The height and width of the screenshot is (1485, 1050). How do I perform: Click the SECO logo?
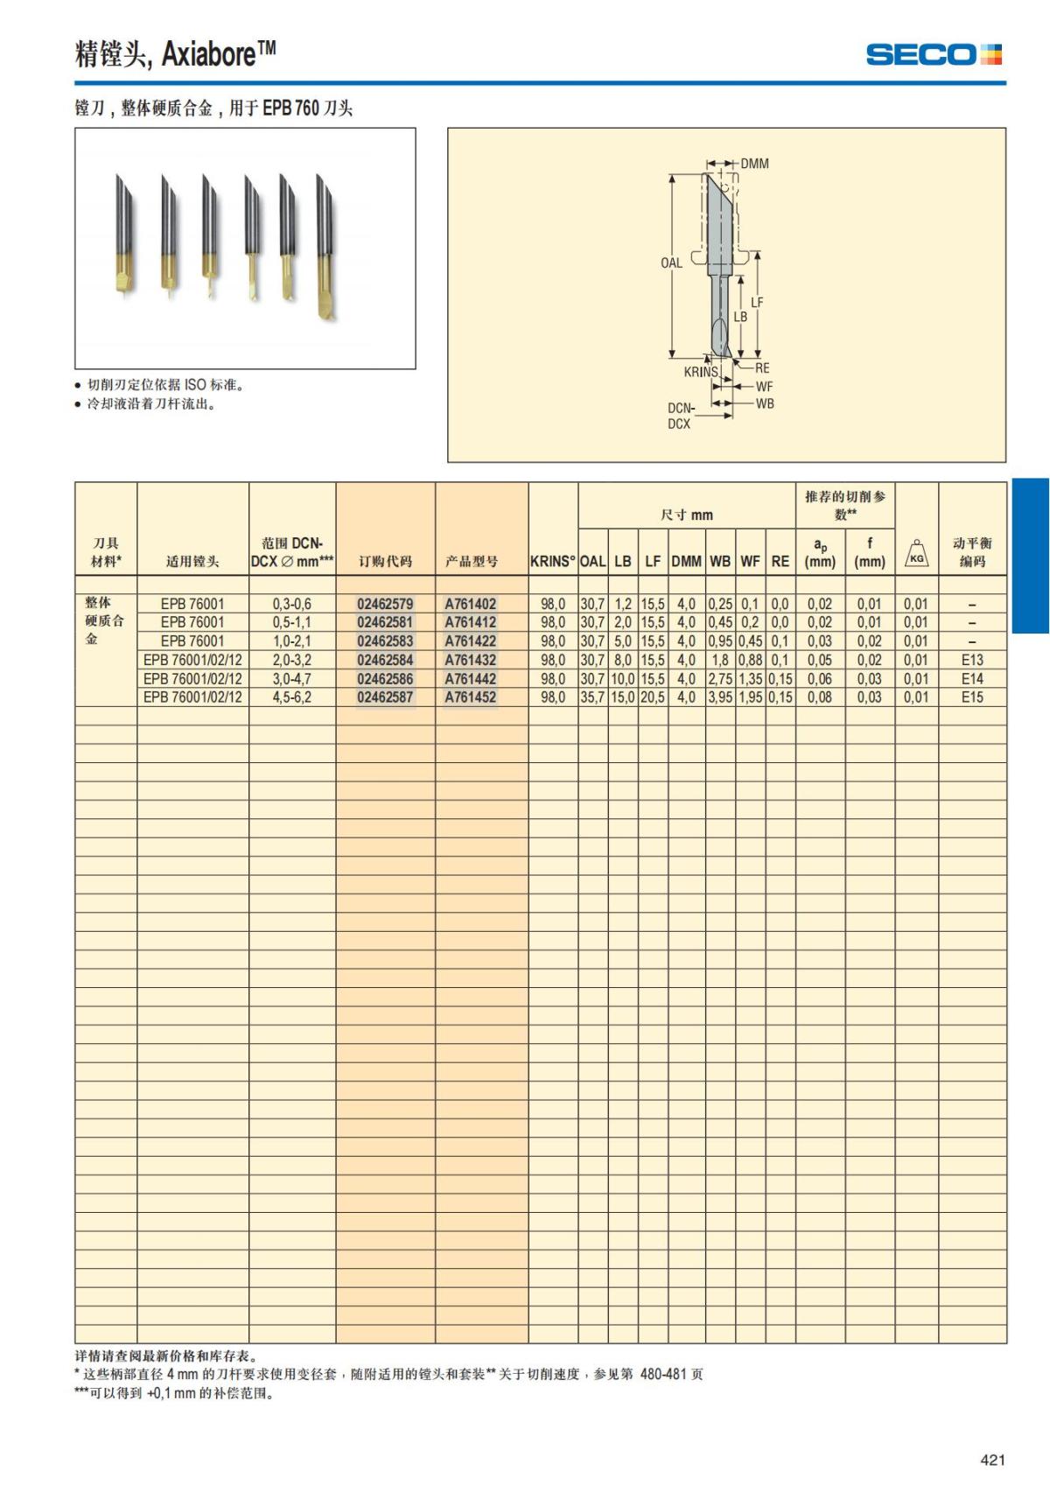click(x=934, y=54)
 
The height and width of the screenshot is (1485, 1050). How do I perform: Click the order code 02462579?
click(x=385, y=604)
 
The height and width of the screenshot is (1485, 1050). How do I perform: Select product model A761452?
click(x=470, y=697)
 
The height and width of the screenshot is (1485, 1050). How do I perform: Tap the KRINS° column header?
click(x=553, y=562)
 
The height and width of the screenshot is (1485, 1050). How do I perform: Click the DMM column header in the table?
click(x=686, y=562)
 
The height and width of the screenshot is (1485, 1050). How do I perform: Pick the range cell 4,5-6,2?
click(x=291, y=697)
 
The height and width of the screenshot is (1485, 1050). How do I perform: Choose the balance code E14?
click(x=971, y=679)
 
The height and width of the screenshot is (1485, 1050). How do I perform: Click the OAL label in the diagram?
click(x=671, y=263)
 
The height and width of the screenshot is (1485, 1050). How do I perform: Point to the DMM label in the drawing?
click(x=754, y=164)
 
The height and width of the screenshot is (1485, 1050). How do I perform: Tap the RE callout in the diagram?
click(x=762, y=368)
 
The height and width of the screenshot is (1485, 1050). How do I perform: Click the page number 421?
click(x=992, y=1460)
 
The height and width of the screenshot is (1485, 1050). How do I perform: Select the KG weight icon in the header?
click(x=916, y=554)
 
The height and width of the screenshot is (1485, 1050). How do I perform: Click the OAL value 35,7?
click(x=592, y=697)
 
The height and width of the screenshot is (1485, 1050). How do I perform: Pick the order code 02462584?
click(x=385, y=660)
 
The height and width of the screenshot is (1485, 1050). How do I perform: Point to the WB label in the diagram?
click(x=764, y=403)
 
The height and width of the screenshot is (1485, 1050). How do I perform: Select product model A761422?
click(x=470, y=641)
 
